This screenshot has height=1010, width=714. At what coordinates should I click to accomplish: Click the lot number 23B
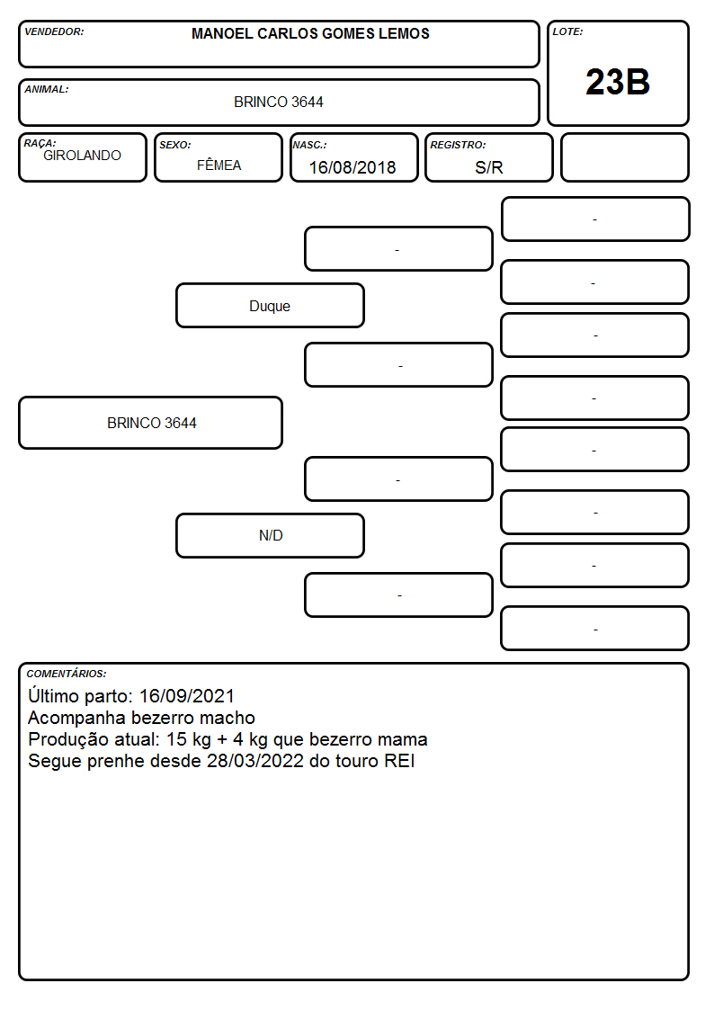pos(618,83)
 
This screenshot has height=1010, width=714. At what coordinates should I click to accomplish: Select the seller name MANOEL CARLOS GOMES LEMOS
pos(310,33)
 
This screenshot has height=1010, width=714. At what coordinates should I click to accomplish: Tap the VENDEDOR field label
pos(54,31)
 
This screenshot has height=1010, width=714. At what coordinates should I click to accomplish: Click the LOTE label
pos(567,31)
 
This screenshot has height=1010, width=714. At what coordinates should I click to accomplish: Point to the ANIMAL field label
pos(47,90)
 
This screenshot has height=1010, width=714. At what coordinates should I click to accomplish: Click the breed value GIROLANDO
pos(82,156)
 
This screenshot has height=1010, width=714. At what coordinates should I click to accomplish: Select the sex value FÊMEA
pos(219,165)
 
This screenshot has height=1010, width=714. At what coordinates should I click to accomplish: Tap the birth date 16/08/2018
pos(353,167)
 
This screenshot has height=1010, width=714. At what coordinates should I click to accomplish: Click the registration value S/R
pos(488,167)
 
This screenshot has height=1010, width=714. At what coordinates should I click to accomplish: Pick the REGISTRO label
pos(458,145)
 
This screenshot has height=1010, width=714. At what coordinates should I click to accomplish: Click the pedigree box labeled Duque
pos(270,306)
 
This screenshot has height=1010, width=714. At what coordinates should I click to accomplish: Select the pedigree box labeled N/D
pos(270,535)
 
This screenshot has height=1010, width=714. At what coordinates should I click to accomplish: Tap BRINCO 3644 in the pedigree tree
pos(151,424)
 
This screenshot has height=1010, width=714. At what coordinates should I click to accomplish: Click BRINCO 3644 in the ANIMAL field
pos(278,102)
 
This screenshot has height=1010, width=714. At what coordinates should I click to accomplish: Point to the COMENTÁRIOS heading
pos(67,674)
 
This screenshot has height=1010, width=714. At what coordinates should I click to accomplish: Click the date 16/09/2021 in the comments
pos(187,696)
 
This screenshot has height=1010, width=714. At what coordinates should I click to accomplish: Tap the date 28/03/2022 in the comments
pos(255,761)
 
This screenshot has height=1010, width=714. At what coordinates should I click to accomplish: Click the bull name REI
pos(399,761)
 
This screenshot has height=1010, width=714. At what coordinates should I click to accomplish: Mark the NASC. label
pos(309,145)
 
